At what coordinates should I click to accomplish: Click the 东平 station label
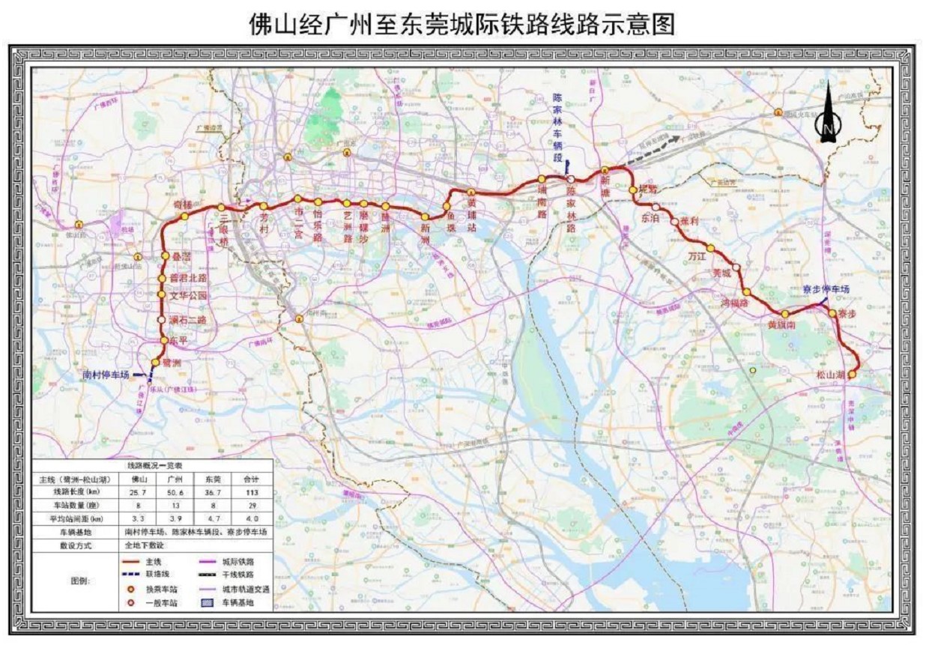(178, 340)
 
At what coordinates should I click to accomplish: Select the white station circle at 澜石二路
(161, 320)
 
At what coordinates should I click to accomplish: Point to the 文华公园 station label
(188, 295)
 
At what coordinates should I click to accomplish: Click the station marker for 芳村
(263, 206)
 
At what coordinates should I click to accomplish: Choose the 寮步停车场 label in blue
(825, 289)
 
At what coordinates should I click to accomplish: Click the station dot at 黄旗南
(784, 314)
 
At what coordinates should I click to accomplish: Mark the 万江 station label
(697, 256)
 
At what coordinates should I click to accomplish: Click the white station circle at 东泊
(656, 208)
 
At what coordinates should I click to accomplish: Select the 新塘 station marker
(604, 172)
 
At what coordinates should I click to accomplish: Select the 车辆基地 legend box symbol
(206, 602)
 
